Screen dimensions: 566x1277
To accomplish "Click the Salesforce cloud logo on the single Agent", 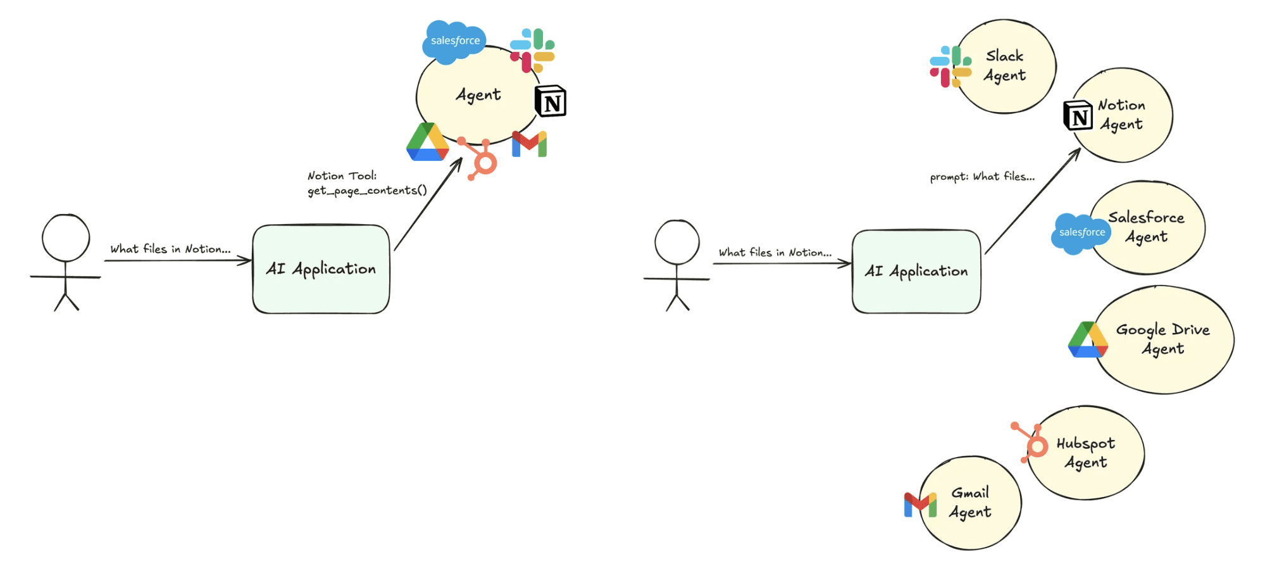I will click(x=454, y=41).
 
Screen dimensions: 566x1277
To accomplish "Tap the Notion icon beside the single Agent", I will click(x=551, y=101).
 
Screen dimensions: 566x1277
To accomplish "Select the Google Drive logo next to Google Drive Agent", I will click(x=1088, y=340).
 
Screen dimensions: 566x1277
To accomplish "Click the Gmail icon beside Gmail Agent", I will click(x=920, y=505).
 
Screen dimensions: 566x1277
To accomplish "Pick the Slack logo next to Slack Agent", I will click(x=950, y=66).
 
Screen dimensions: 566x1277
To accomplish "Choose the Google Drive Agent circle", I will click(x=1164, y=339).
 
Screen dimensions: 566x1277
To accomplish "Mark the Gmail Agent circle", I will click(x=971, y=503).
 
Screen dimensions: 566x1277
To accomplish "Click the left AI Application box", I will click(x=321, y=269).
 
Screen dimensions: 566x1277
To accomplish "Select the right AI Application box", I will click(x=916, y=272).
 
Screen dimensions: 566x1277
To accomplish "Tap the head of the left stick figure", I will click(x=66, y=238).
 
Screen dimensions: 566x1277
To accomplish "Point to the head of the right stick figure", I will click(x=677, y=242).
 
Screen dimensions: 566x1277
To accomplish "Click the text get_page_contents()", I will click(x=367, y=191).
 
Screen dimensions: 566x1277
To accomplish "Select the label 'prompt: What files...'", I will click(x=982, y=177).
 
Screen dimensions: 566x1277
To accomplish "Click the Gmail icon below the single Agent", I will click(x=530, y=144).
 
